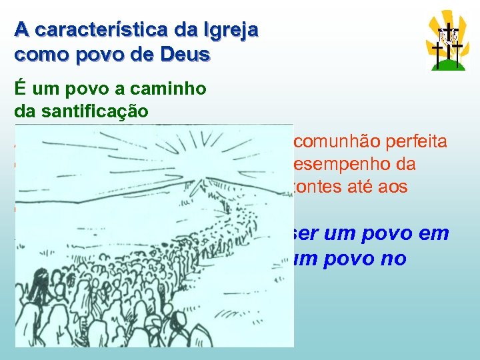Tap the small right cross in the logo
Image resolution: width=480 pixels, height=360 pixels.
(x=458, y=53)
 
